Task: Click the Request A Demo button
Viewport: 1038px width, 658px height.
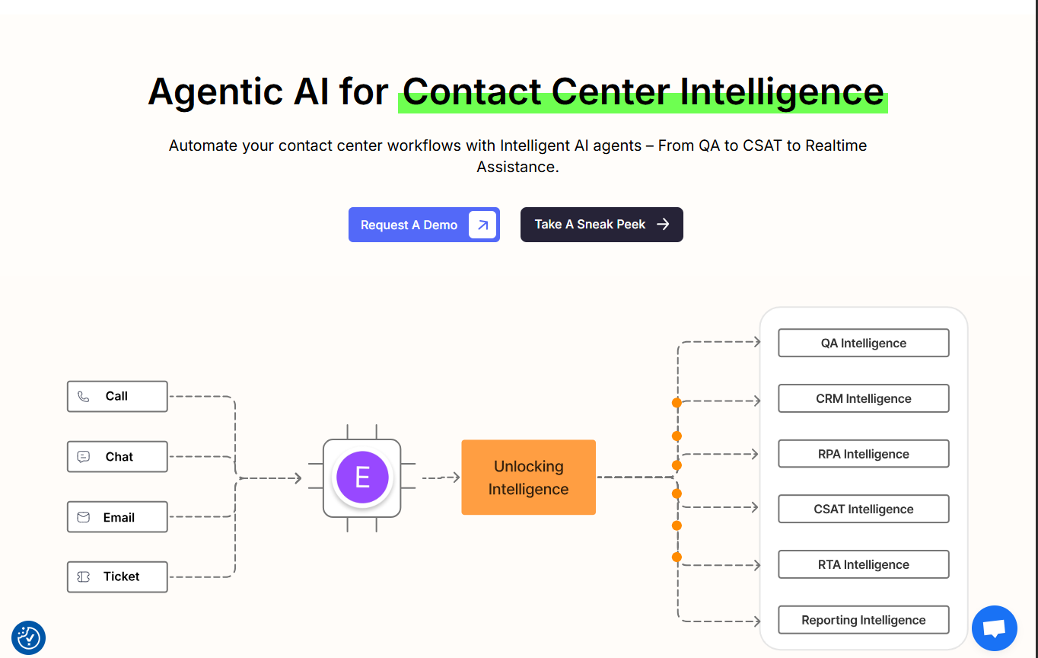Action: pyautogui.click(x=423, y=225)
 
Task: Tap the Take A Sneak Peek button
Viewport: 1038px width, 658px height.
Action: pyautogui.click(x=601, y=225)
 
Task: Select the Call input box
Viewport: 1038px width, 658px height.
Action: pyautogui.click(x=117, y=396)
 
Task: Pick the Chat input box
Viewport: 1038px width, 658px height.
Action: pyautogui.click(x=117, y=457)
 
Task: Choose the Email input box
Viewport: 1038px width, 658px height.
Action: pyautogui.click(x=117, y=517)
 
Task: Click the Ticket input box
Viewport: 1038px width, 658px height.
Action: pyautogui.click(x=117, y=577)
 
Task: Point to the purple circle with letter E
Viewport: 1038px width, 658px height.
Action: pyautogui.click(x=362, y=478)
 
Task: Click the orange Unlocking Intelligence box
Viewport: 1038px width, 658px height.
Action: pyautogui.click(x=528, y=478)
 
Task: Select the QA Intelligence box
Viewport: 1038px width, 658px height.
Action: pyautogui.click(x=863, y=343)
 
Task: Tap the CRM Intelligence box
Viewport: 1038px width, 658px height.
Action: pyautogui.click(x=863, y=398)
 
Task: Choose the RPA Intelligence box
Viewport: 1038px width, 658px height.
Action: pyautogui.click(x=863, y=454)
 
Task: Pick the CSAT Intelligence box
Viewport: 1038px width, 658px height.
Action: pyautogui.click(x=863, y=509)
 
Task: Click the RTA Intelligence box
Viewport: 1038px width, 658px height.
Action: pyautogui.click(x=863, y=564)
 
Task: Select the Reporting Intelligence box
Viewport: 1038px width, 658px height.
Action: pyautogui.click(x=863, y=620)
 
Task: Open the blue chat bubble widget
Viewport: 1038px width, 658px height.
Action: pyautogui.click(x=994, y=628)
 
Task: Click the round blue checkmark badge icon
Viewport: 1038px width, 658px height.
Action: pyautogui.click(x=29, y=638)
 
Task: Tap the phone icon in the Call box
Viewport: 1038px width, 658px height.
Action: pyautogui.click(x=84, y=397)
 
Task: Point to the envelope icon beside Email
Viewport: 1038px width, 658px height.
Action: pyautogui.click(x=84, y=517)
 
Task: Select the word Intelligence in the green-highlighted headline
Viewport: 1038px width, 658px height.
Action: pyautogui.click(x=782, y=91)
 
